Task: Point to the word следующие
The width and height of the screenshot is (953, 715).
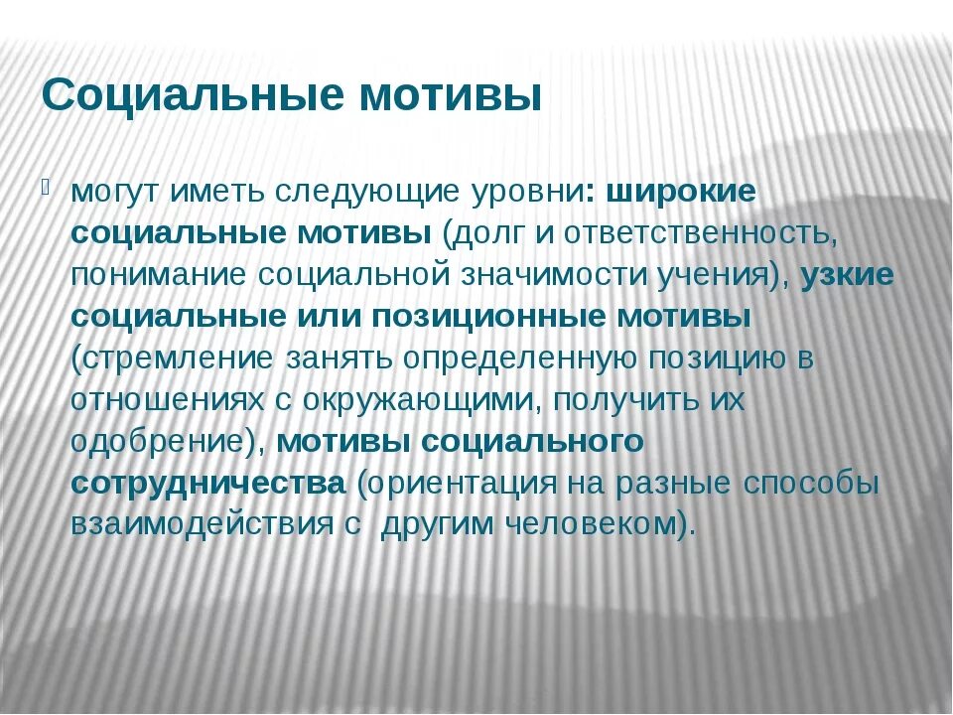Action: (x=348, y=192)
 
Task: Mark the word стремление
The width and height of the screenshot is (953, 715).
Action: (x=168, y=358)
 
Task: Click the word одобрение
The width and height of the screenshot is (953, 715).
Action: (x=163, y=442)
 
